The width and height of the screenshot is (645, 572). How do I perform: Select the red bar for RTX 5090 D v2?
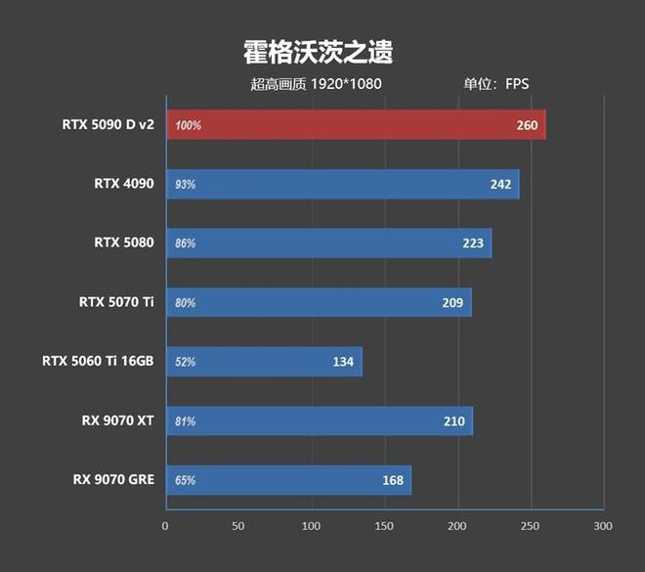(x=356, y=125)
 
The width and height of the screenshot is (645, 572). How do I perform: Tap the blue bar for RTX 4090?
(x=342, y=184)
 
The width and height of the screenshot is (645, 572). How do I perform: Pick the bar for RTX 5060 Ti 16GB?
(x=264, y=362)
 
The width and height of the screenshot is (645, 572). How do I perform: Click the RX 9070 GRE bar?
(x=288, y=480)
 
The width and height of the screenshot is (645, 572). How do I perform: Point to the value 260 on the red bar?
(x=528, y=125)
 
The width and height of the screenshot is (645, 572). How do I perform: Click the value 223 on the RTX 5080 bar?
(x=474, y=243)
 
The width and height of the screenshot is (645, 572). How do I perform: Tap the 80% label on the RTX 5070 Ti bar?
(x=186, y=303)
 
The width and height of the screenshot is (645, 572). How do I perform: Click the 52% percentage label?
(x=186, y=362)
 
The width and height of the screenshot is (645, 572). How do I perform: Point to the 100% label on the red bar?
(x=189, y=125)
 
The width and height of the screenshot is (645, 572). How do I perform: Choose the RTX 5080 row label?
(x=124, y=242)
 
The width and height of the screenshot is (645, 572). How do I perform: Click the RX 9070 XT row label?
(x=117, y=420)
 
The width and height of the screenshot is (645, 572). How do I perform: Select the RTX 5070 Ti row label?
(x=116, y=301)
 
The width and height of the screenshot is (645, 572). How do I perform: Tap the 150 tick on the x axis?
(x=384, y=526)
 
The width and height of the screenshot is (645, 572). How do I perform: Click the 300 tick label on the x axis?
(x=603, y=526)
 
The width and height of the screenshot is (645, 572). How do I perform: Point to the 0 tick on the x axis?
(x=165, y=526)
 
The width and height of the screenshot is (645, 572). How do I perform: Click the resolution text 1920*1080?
(x=346, y=84)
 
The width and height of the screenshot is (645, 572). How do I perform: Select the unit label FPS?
(x=516, y=84)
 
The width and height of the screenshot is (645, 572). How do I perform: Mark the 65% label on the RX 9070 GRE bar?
(x=186, y=480)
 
